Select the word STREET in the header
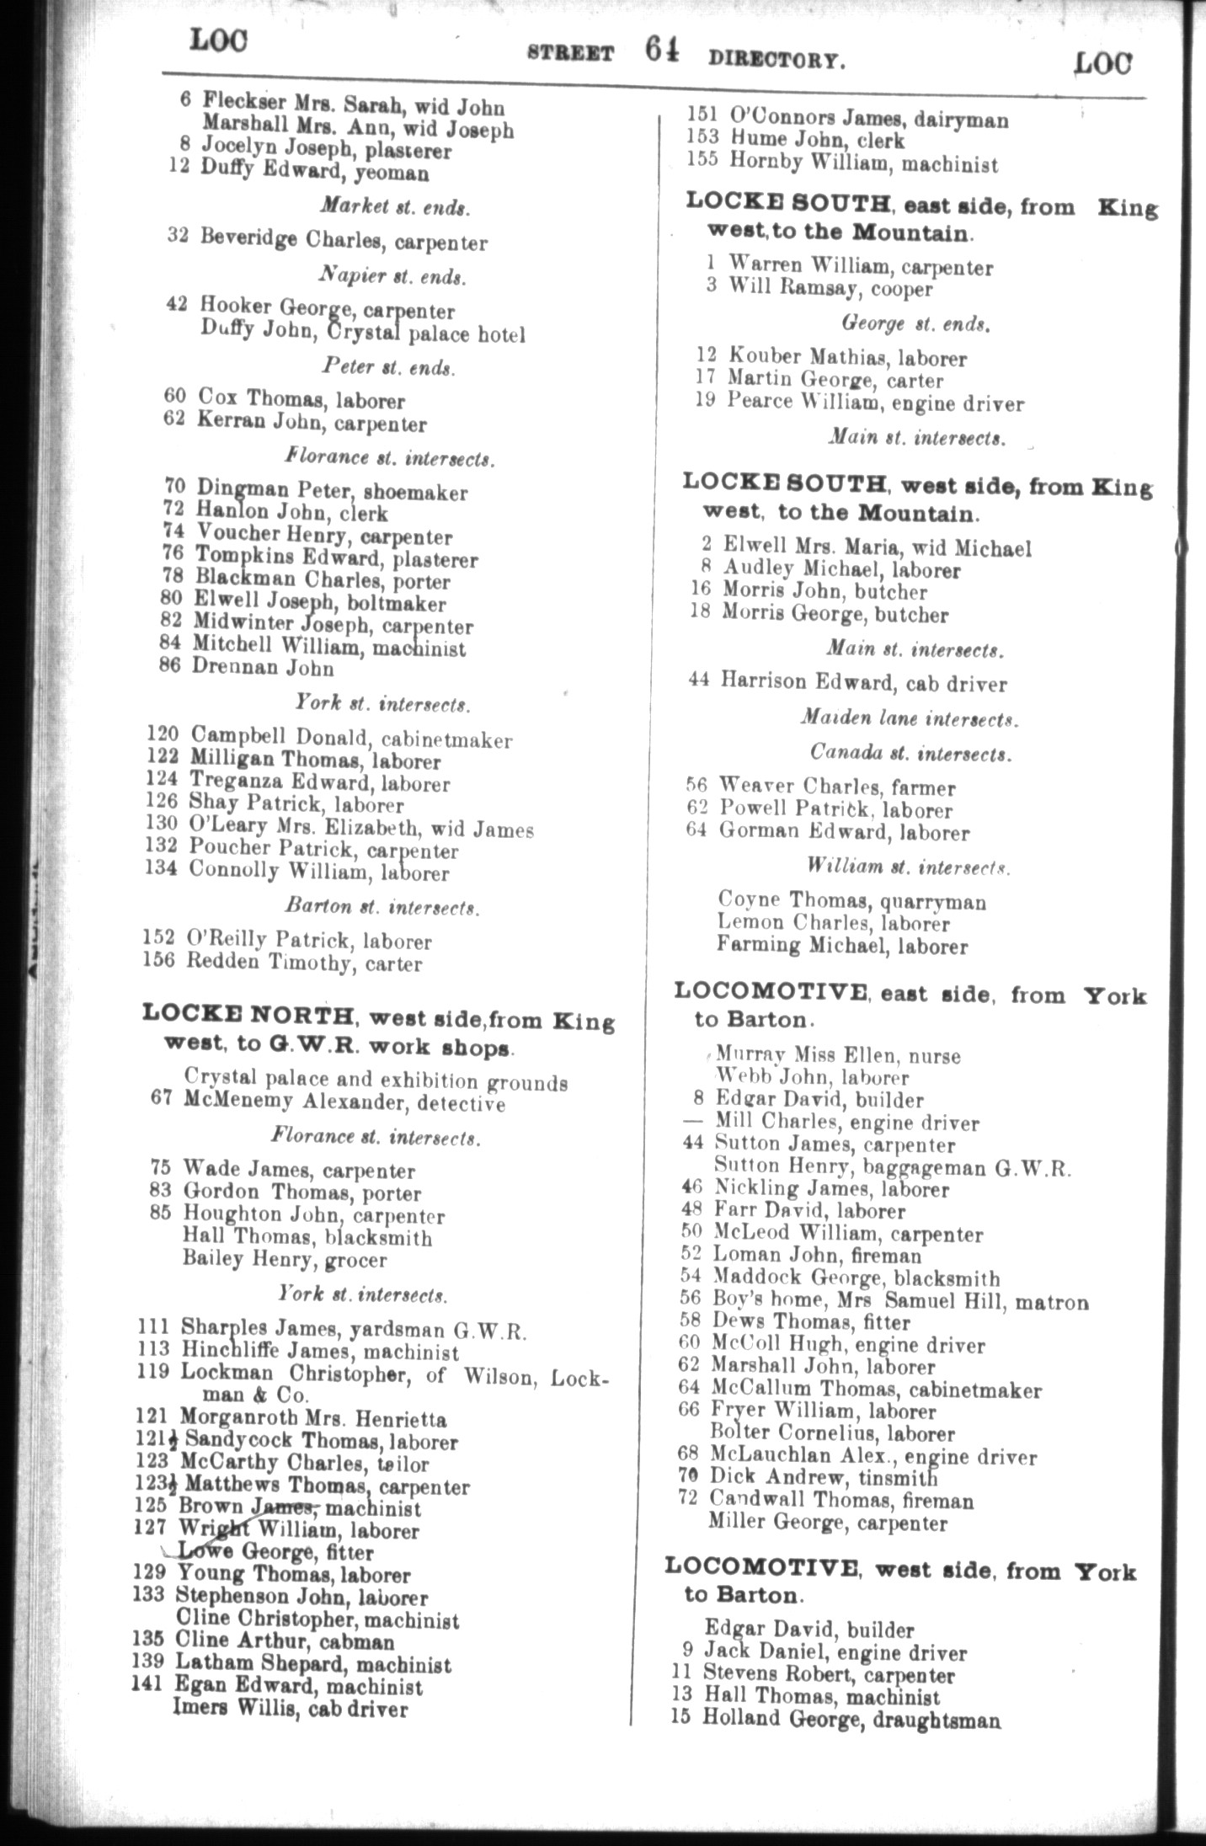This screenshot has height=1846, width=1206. click(x=570, y=54)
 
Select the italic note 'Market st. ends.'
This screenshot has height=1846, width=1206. click(x=395, y=208)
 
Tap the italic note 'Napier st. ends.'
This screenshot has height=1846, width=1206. click(x=392, y=276)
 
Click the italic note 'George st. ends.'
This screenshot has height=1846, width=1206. click(x=915, y=323)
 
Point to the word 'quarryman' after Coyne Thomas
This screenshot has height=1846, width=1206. click(x=934, y=902)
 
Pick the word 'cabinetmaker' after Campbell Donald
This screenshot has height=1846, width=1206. click(x=446, y=740)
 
